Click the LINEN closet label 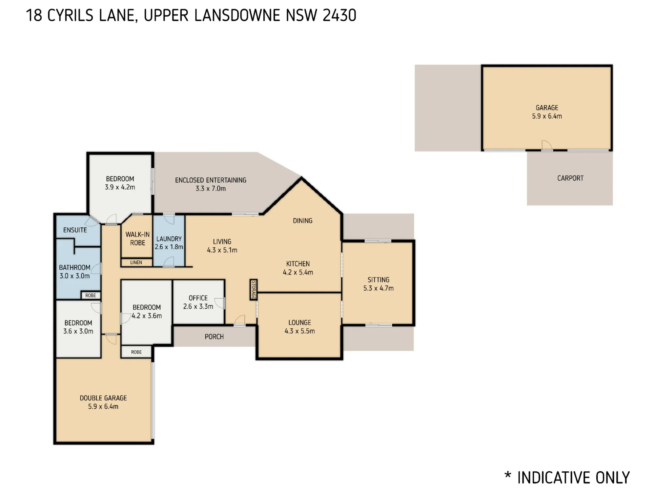(x=136, y=262)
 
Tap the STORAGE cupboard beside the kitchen (x=254, y=290)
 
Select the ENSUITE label (x=75, y=230)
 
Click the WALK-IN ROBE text (x=137, y=238)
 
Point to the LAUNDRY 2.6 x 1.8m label (x=169, y=243)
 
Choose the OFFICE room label (x=198, y=298)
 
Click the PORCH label (x=214, y=337)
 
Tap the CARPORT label (x=570, y=178)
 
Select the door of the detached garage (x=547, y=145)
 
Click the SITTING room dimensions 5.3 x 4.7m (x=379, y=288)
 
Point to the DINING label (x=302, y=220)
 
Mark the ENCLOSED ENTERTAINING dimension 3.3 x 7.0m (x=211, y=188)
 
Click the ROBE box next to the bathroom (x=91, y=295)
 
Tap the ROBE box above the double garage (x=136, y=352)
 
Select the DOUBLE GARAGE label (x=103, y=398)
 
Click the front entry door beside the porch (x=240, y=320)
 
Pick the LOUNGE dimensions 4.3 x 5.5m (x=300, y=331)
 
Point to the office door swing (x=220, y=303)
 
